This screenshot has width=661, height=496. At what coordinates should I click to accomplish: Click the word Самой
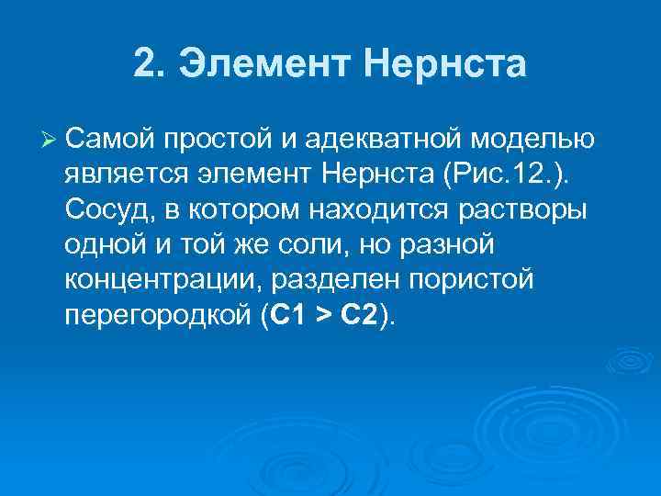pos(111,140)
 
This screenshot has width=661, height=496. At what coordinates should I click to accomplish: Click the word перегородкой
pos(157,315)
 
